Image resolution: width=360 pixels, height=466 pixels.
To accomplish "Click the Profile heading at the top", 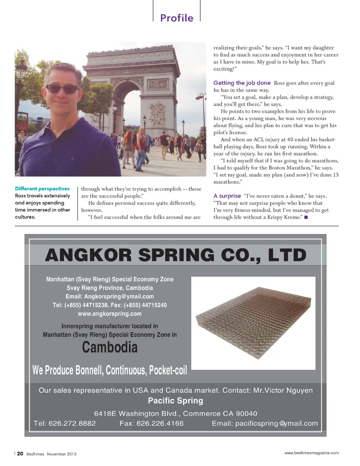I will [177, 18].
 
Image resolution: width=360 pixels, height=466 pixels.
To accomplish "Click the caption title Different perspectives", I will [42, 189].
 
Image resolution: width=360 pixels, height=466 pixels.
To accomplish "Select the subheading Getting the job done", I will [242, 83].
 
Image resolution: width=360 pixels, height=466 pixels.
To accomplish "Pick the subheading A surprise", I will [227, 196].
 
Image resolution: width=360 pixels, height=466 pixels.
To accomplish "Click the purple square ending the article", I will [306, 217].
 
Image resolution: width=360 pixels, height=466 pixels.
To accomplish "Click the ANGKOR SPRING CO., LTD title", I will [175, 255].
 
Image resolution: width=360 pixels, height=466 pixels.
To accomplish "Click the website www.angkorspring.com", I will [109, 314].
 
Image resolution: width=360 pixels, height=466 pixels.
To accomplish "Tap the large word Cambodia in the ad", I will [109, 347].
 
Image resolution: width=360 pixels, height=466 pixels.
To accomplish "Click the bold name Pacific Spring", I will [175, 401].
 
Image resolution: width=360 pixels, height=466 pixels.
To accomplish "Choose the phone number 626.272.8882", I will [72, 424].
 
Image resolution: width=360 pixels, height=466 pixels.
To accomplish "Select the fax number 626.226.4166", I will [160, 424].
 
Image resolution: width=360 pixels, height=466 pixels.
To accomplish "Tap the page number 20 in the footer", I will [20, 454].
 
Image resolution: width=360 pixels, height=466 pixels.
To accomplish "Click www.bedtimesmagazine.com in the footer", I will [311, 453].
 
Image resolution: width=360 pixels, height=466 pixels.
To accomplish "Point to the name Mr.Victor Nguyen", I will [283, 390].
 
